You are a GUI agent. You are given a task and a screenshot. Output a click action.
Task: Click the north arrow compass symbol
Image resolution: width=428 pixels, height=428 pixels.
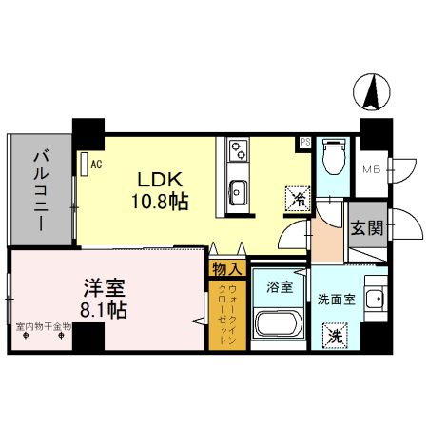pyautogui.click(x=373, y=92)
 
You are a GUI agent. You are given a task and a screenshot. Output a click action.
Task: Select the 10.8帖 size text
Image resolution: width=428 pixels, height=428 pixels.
pyautogui.click(x=159, y=202)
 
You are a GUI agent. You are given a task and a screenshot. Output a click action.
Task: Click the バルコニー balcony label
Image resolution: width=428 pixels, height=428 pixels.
pyautogui.click(x=40, y=190)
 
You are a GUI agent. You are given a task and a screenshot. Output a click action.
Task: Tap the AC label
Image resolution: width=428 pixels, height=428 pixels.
pyautogui.click(x=96, y=163)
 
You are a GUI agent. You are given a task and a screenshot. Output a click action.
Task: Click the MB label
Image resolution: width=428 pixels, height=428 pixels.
pyautogui.click(x=371, y=170)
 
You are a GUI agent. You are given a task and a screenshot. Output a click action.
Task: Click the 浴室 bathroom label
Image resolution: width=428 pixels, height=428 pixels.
pyautogui.click(x=279, y=283)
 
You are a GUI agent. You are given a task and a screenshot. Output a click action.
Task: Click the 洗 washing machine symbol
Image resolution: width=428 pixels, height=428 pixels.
pyautogui.click(x=336, y=335)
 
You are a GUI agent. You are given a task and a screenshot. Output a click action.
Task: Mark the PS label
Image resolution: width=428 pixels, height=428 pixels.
pyautogui.click(x=305, y=143)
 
